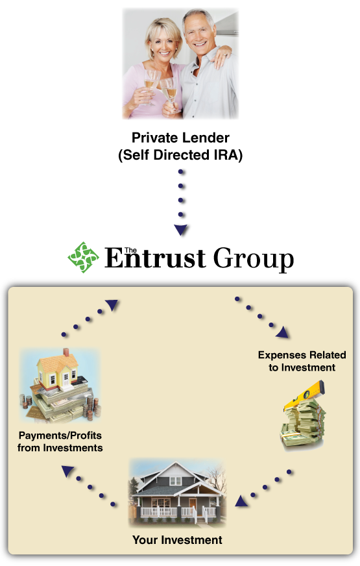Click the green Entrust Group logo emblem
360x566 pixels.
83,258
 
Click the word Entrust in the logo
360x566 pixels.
155,258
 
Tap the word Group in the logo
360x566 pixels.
254,259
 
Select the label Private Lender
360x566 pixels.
180,138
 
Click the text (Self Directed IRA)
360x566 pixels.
180,155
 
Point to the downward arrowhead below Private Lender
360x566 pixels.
181,230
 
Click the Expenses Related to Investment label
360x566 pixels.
302,361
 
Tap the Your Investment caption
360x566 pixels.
177,539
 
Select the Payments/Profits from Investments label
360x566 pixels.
60,441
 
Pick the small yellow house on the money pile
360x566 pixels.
58,369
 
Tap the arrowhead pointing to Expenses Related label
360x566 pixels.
283,332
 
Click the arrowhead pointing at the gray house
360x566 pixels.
241,501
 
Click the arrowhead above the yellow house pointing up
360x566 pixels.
112,305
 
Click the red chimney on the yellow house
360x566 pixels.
66,352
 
